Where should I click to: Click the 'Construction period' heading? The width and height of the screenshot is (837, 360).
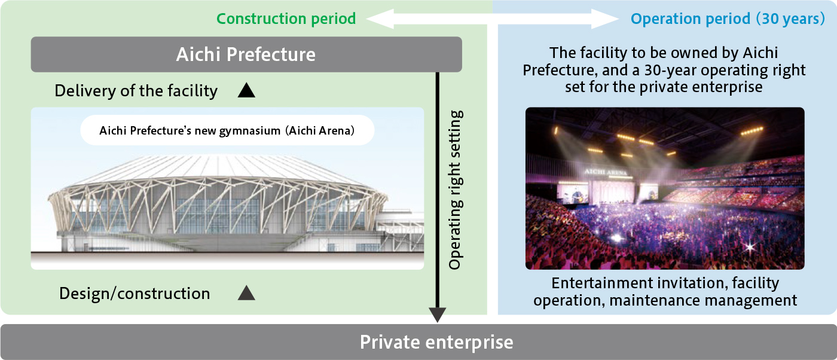(286, 19)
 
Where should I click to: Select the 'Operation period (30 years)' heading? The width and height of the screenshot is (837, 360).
(728, 19)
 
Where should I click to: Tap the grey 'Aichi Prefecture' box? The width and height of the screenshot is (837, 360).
(246, 54)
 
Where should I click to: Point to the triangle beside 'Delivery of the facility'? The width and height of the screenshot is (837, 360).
(246, 90)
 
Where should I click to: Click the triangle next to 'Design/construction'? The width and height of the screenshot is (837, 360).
(246, 293)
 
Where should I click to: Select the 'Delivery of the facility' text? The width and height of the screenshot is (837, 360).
(136, 91)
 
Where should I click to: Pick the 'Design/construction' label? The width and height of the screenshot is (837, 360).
(135, 294)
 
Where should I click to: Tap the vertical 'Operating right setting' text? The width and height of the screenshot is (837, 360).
(456, 190)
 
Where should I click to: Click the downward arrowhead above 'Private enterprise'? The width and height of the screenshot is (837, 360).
(438, 315)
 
